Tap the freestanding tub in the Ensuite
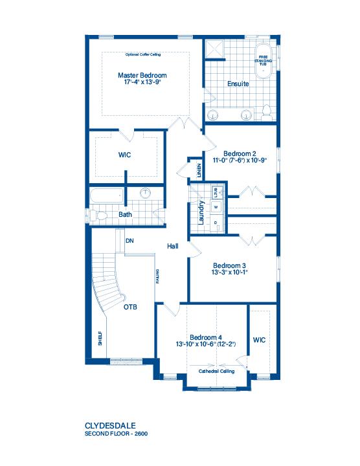click(263, 61)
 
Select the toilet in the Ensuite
click(266, 113)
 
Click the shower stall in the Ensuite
click(214, 49)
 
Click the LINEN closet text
click(199, 170)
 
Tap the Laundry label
click(201, 212)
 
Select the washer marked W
click(216, 207)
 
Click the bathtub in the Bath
click(107, 195)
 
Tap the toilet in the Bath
click(98, 216)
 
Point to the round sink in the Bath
click(145, 193)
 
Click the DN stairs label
click(129, 241)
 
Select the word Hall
click(173, 246)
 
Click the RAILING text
click(157, 276)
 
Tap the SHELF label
click(100, 338)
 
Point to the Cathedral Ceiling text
click(216, 372)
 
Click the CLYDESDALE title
click(110, 426)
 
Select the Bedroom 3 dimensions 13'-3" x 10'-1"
click(230, 272)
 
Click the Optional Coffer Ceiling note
click(143, 54)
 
